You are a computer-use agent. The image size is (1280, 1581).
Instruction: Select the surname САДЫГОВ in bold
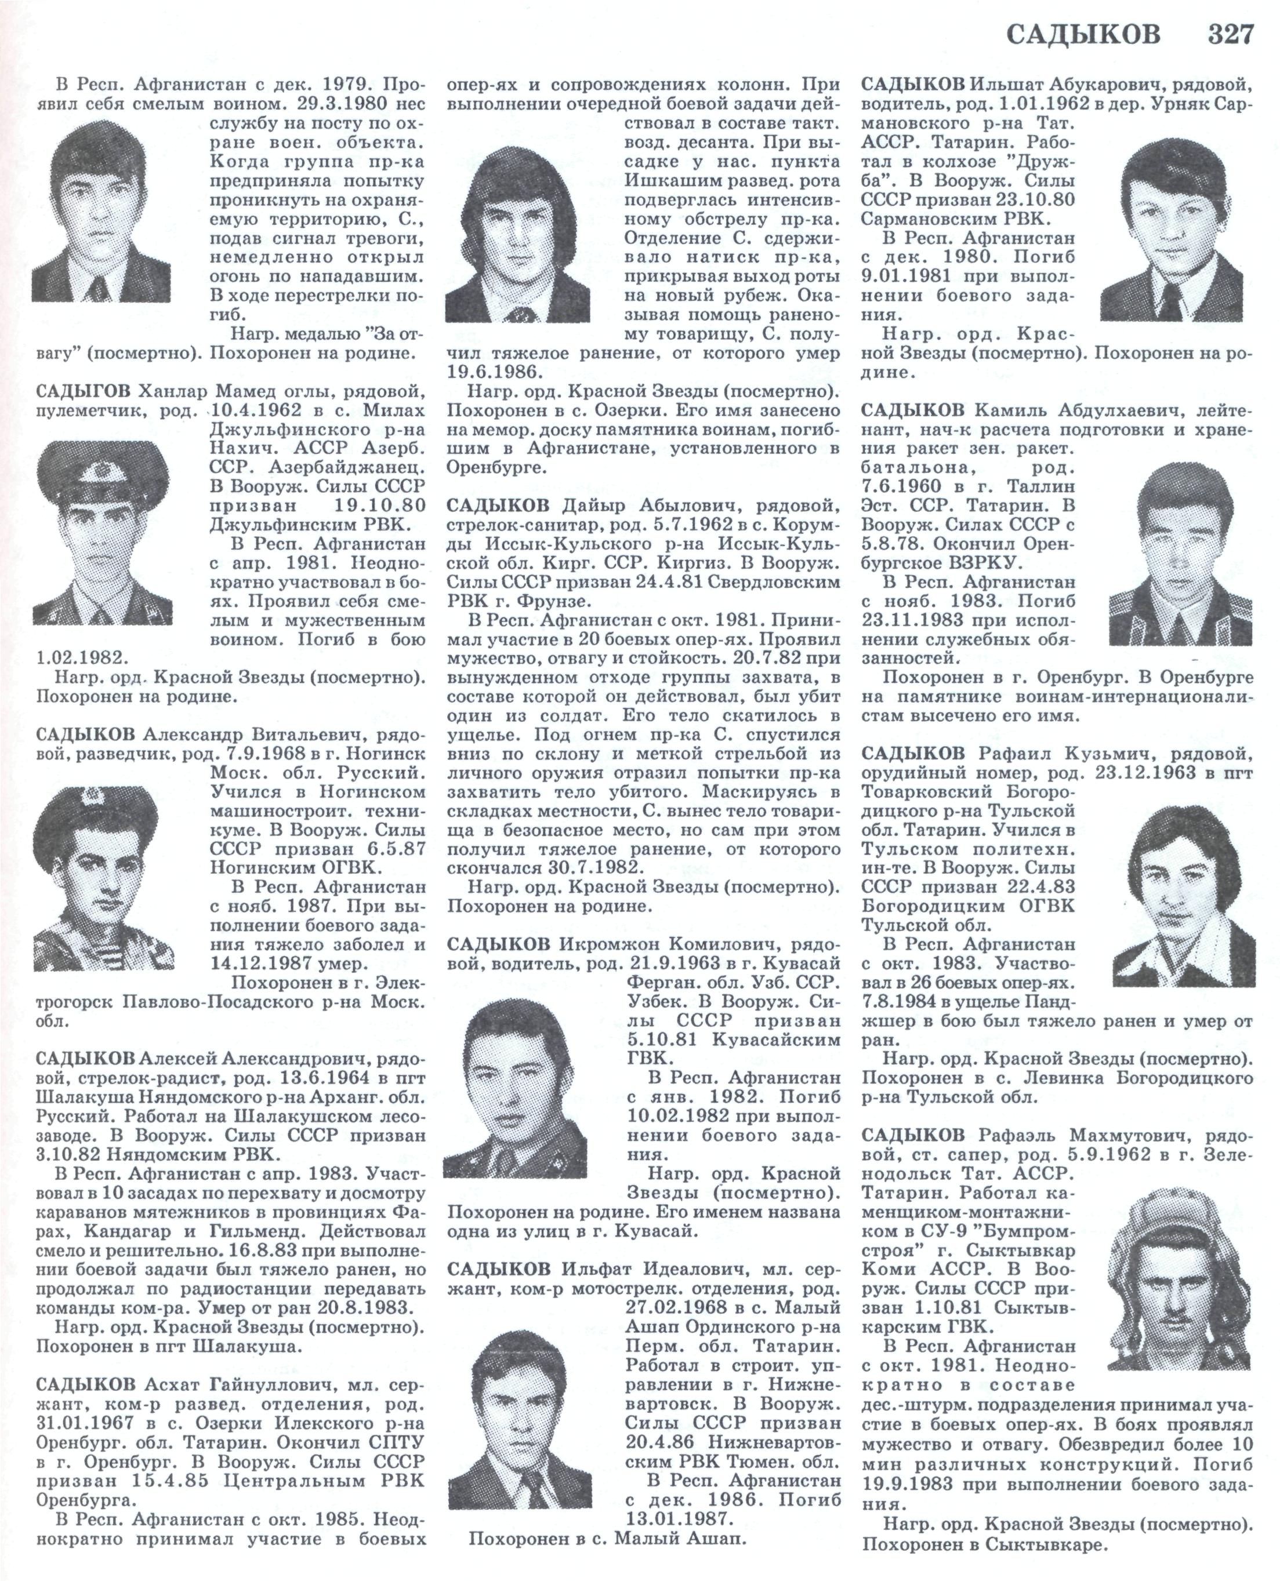coord(85,390)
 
